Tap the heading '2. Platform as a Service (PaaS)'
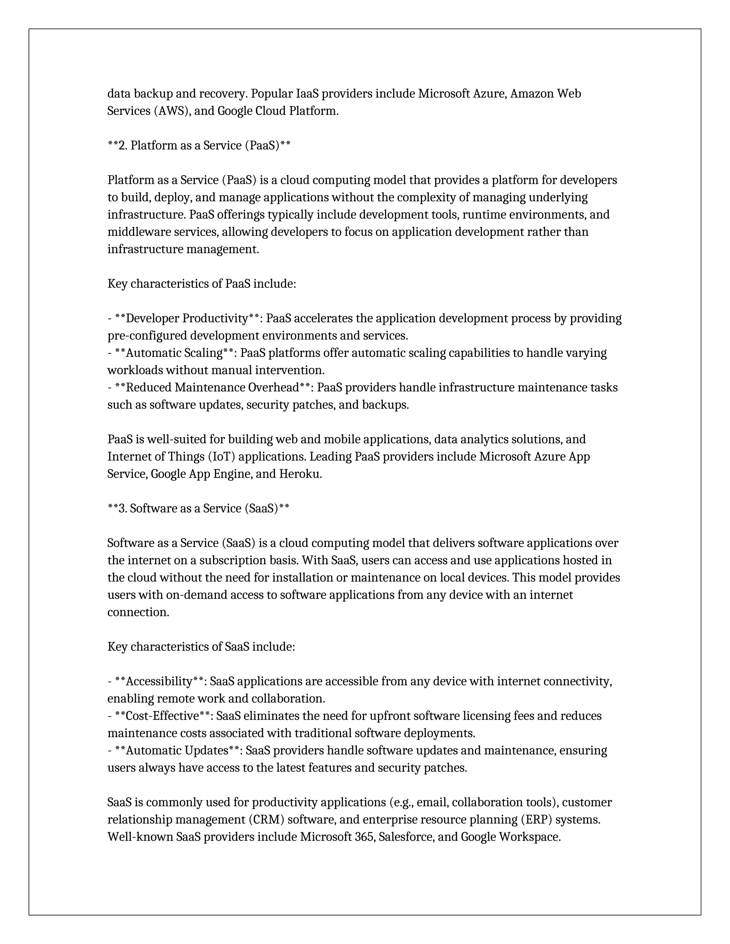coord(199,146)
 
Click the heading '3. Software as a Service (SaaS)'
coord(198,509)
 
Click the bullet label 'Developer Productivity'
coord(187,318)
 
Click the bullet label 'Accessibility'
coord(159,681)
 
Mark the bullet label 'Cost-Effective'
coord(162,716)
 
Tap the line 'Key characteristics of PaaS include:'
coord(201,284)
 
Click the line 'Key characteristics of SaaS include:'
coord(201,647)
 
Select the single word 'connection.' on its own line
coord(138,612)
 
